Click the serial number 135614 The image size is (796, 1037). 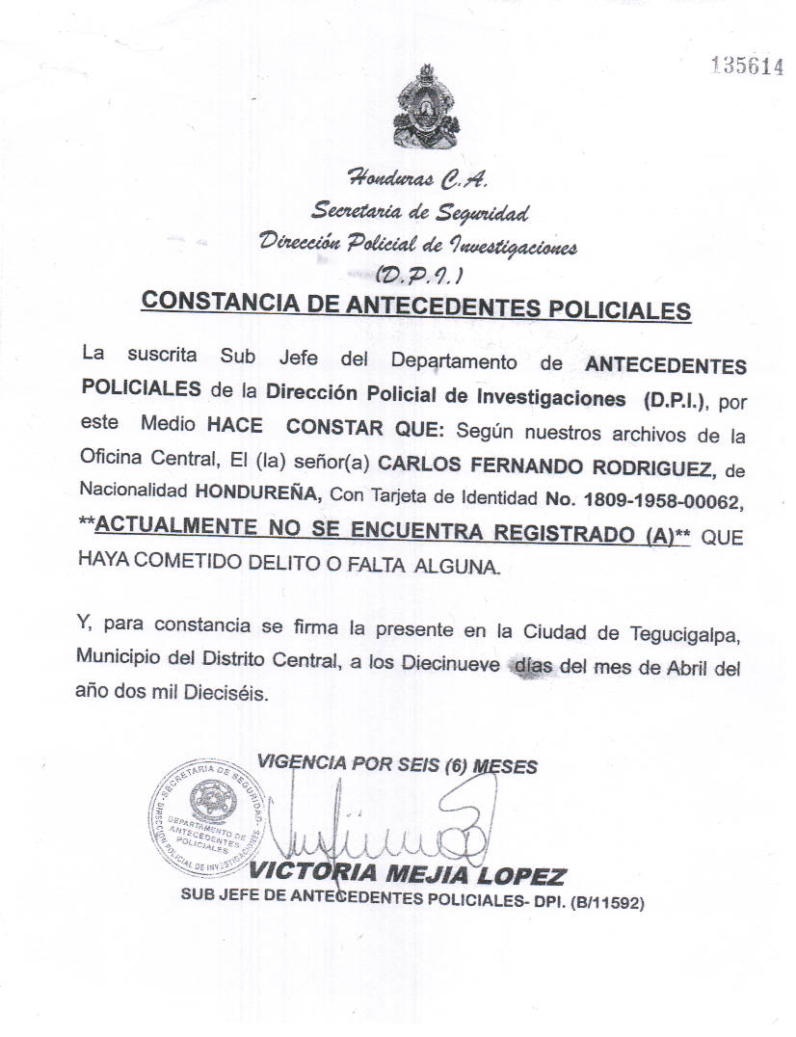pos(746,66)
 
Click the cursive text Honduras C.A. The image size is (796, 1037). pos(417,179)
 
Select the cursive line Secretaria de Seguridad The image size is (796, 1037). pos(419,211)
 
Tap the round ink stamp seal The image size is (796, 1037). pos(206,814)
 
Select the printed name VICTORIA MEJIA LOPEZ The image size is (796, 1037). pos(408,875)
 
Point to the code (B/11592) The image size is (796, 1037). pos(605,902)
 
